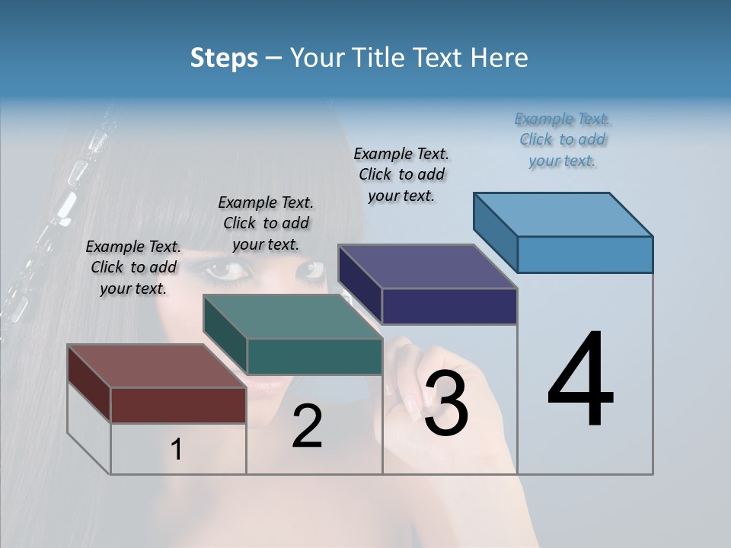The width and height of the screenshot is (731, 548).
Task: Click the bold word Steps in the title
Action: tap(224, 58)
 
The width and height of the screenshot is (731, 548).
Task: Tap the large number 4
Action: tap(580, 381)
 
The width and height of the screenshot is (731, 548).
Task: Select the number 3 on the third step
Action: tap(445, 403)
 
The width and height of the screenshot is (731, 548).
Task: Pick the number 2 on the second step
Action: tap(307, 426)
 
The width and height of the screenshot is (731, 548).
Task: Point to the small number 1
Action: tap(176, 450)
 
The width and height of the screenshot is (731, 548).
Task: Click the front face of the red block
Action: tap(178, 405)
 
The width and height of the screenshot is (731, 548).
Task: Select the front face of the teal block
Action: tap(314, 356)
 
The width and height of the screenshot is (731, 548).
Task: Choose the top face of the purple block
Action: tap(427, 266)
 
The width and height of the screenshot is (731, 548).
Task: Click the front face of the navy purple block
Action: tap(449, 306)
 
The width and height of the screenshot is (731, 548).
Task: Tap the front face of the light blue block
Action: tap(585, 254)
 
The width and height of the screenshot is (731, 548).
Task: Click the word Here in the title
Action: tap(500, 58)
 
